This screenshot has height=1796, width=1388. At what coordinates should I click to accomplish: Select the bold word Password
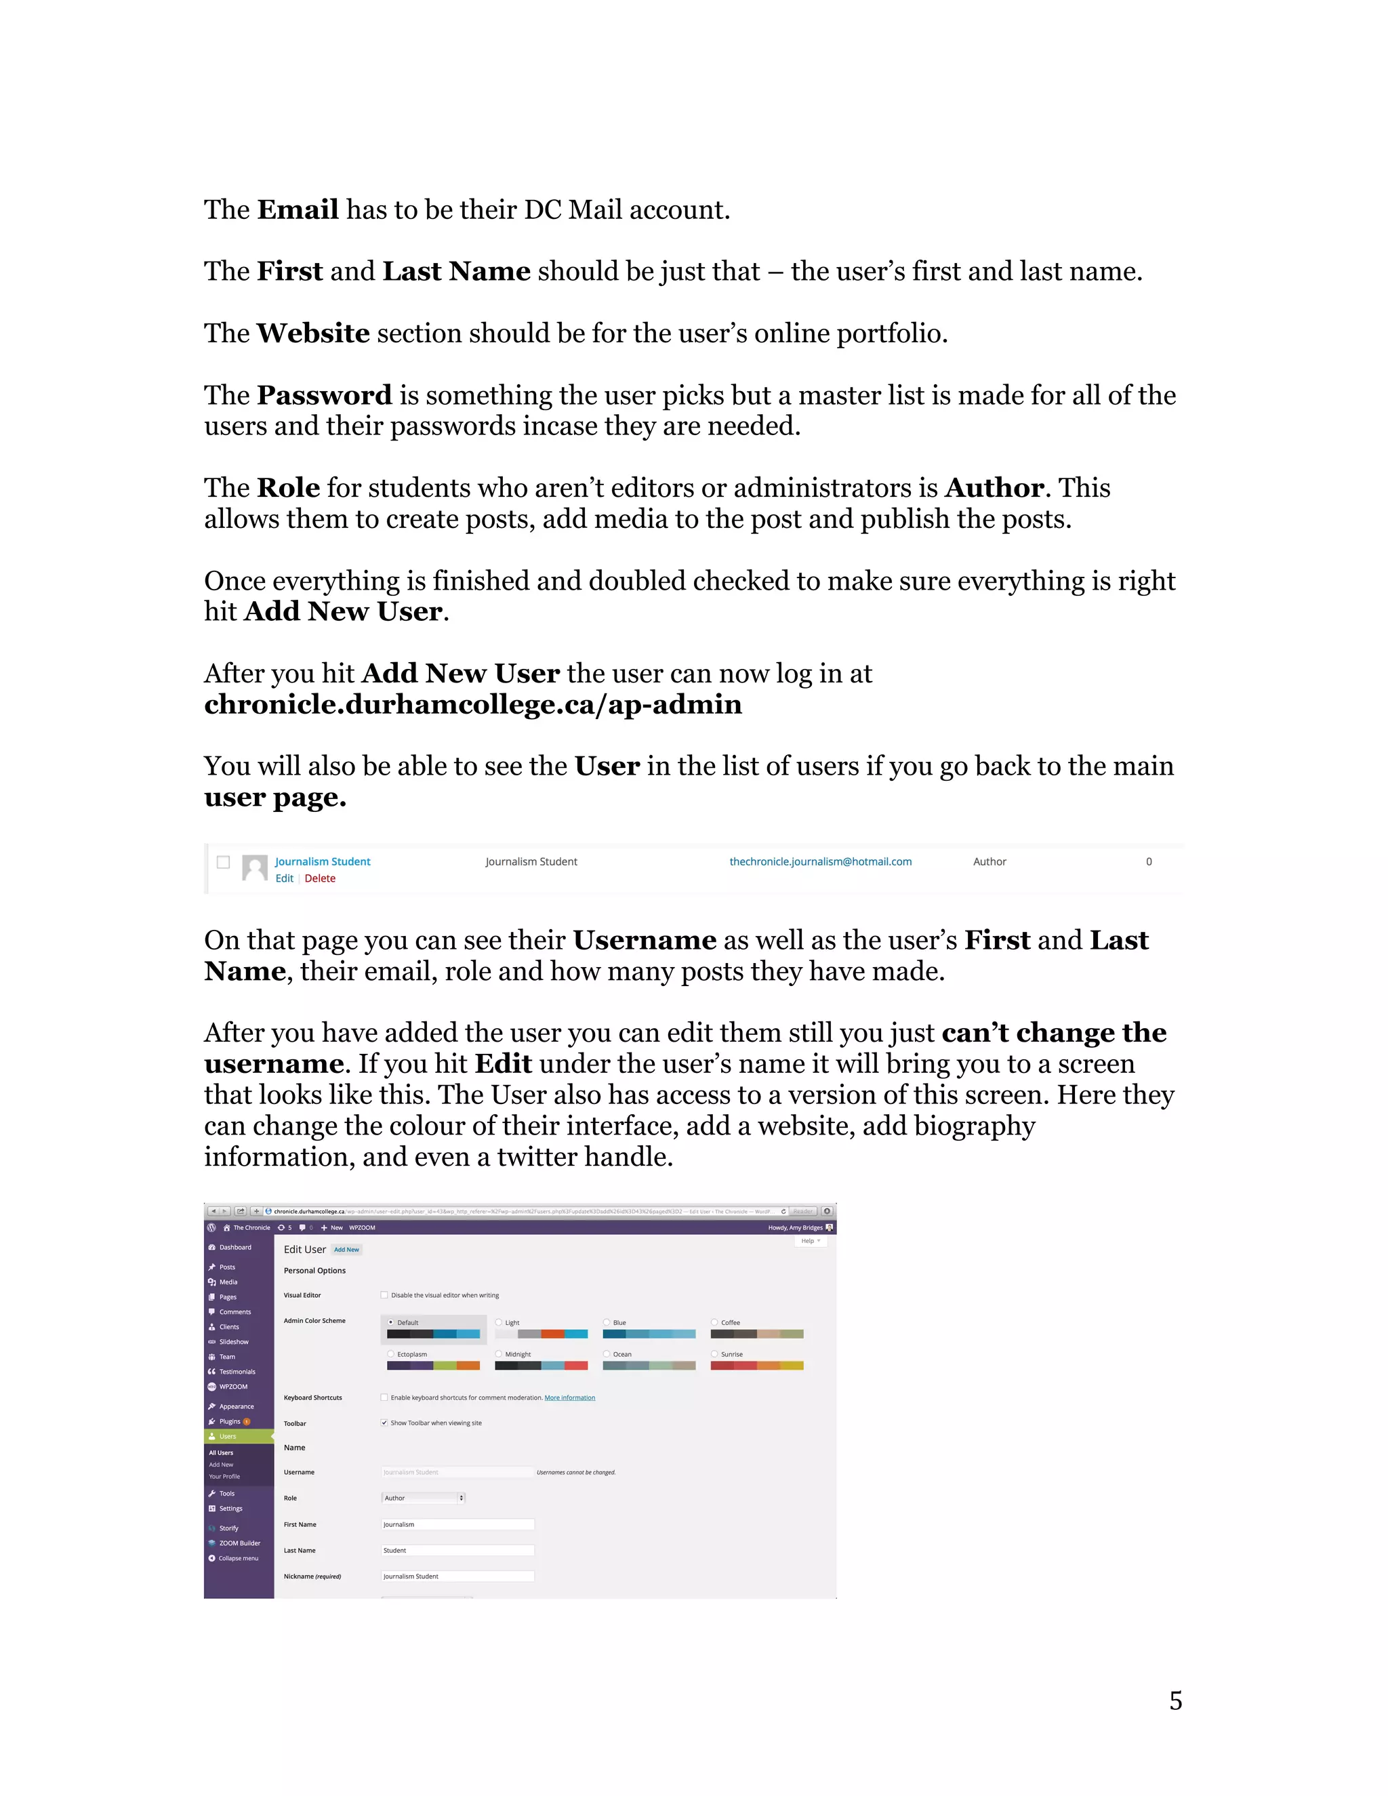tap(324, 396)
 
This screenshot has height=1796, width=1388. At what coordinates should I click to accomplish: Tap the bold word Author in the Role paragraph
tap(994, 488)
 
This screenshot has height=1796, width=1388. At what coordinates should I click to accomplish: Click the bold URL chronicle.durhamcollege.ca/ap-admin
tap(473, 705)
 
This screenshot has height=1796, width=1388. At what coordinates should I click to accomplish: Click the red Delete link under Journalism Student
tap(320, 878)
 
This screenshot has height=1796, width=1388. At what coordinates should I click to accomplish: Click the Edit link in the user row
tap(284, 878)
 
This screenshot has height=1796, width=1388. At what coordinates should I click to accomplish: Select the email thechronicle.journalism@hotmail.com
tap(820, 861)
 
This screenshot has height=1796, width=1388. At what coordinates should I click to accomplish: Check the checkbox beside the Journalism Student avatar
tap(223, 862)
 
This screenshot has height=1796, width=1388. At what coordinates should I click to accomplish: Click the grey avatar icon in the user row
tap(255, 868)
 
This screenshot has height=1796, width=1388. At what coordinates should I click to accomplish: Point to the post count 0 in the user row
tap(1148, 861)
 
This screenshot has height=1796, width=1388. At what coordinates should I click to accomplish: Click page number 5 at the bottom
tap(1175, 1700)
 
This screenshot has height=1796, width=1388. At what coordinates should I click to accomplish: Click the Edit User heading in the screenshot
tap(304, 1249)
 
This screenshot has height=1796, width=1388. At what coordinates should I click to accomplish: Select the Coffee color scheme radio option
tap(714, 1322)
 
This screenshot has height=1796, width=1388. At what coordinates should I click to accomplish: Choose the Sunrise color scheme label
tap(731, 1353)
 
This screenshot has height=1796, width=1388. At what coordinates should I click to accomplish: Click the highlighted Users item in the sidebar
tap(228, 1436)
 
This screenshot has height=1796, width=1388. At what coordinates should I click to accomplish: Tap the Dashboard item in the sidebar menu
tap(234, 1246)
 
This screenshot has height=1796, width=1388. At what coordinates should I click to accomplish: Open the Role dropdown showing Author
tap(424, 1498)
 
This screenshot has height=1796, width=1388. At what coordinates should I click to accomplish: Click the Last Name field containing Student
tap(457, 1550)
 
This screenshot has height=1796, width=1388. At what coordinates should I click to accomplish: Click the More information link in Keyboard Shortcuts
tap(569, 1397)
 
